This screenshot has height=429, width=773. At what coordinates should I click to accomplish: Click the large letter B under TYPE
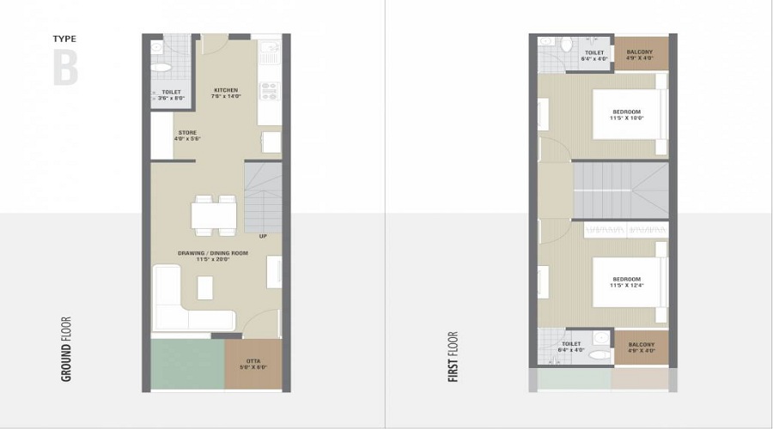point(65,68)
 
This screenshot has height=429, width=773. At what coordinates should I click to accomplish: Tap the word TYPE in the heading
point(65,39)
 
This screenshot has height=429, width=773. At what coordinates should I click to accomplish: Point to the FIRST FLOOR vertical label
point(453,356)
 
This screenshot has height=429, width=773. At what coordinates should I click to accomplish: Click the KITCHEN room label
point(226,94)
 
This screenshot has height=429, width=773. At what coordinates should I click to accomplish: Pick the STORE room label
point(187,136)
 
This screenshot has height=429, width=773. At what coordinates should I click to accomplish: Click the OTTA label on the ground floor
point(253,364)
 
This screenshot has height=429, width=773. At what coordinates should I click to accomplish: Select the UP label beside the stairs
point(263,236)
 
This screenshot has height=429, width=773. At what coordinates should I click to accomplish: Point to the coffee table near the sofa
point(205,287)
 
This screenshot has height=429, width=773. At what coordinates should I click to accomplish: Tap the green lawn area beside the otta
point(187,365)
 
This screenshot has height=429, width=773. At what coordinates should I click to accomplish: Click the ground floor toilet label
point(171,94)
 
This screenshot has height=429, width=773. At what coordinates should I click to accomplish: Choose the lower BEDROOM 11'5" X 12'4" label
point(626,282)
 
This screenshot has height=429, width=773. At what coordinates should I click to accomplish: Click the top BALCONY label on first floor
point(640,55)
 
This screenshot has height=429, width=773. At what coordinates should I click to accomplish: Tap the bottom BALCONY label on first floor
point(641,347)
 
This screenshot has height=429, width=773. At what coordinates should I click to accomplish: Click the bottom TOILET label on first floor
point(571,347)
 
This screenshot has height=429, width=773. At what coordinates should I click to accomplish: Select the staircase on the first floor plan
point(620,189)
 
